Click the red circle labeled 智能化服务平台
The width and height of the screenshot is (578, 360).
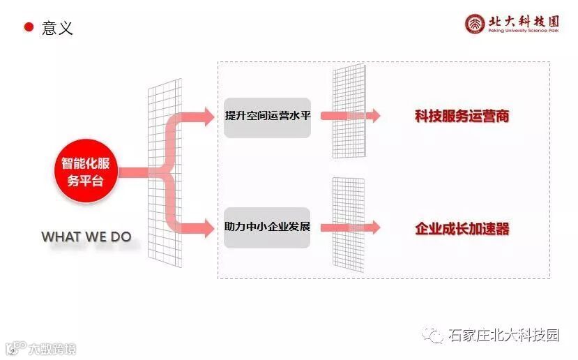coord(85,172)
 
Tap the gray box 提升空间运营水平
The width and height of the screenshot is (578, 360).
coord(268,117)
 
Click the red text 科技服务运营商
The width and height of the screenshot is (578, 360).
coord(462,117)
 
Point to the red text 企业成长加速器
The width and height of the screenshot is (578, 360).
coord(462,228)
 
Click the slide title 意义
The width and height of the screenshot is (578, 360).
coord(57,28)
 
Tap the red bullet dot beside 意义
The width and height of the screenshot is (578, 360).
coord(29,27)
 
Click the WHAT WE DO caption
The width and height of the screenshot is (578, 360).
coord(86,237)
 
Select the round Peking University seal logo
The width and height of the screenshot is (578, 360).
coord(476,24)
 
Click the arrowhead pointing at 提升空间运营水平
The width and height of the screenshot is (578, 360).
coord(207,117)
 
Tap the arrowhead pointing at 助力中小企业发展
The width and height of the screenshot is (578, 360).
coord(207,227)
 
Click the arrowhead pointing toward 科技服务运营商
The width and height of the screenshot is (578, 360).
coord(374,116)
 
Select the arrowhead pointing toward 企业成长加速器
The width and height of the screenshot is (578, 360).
coord(374,227)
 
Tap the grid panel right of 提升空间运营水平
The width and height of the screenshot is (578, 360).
coord(349,112)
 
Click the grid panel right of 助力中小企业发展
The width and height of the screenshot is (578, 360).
coord(349,223)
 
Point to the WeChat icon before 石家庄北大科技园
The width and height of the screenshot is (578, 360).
coord(435,336)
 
